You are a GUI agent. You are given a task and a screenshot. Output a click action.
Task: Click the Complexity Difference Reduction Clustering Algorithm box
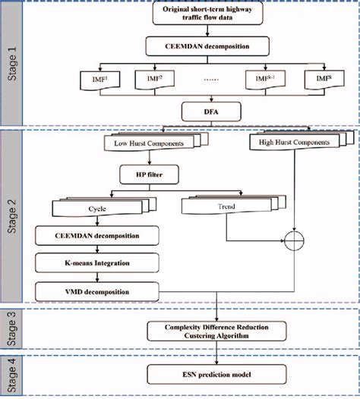[218, 330]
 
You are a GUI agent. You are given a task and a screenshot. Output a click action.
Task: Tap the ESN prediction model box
[218, 373]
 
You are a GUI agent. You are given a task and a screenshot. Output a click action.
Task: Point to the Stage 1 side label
[12, 63]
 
